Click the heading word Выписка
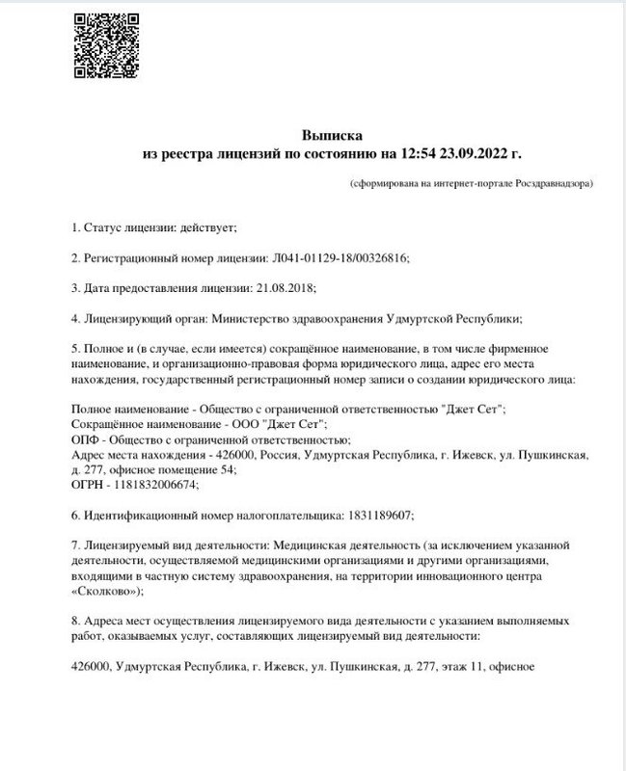(x=328, y=136)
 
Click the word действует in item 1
(x=202, y=227)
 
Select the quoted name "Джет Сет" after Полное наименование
(x=472, y=409)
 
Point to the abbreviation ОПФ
(x=87, y=439)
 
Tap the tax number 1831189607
(x=376, y=515)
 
